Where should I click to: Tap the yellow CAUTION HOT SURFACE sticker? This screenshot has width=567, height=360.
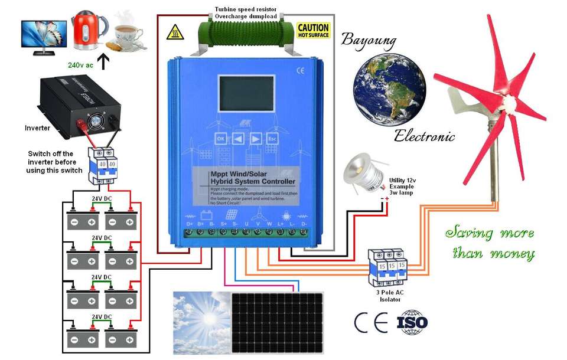(x=313, y=31)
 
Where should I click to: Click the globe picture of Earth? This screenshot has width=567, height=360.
(x=389, y=89)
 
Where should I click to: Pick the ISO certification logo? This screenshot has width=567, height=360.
(x=412, y=322)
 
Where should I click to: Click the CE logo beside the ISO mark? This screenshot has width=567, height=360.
(x=371, y=322)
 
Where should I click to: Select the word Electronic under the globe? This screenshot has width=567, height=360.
(x=424, y=137)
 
